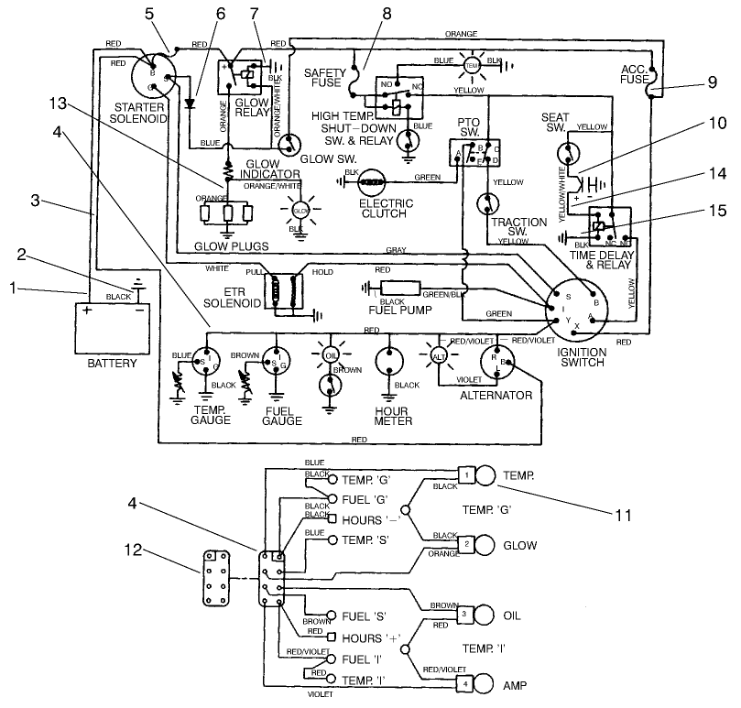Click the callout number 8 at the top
click(360, 13)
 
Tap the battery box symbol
click(112, 327)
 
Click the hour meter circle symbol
click(392, 358)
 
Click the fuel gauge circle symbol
click(278, 358)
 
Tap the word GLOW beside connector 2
click(519, 544)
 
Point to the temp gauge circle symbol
click(210, 358)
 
